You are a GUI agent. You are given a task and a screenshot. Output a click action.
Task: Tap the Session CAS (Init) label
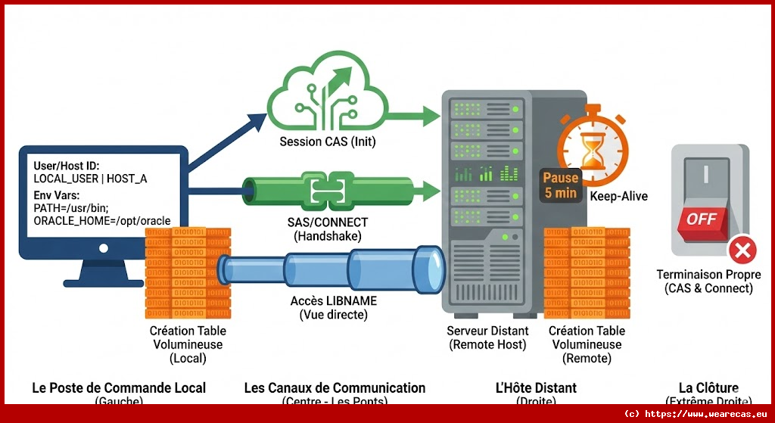click(x=328, y=142)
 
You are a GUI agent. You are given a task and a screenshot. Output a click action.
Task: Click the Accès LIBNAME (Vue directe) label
click(x=333, y=307)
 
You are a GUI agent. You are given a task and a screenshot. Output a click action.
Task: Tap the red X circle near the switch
click(x=743, y=250)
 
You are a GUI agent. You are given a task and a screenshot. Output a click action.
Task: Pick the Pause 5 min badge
click(x=560, y=185)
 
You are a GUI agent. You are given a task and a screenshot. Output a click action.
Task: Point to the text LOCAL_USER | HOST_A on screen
click(x=91, y=179)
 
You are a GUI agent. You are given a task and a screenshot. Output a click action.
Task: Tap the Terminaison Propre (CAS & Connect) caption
click(x=708, y=281)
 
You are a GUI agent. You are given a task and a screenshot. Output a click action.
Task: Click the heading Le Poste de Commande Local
click(x=119, y=388)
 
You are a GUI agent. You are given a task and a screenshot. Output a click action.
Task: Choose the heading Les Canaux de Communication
click(x=335, y=388)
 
